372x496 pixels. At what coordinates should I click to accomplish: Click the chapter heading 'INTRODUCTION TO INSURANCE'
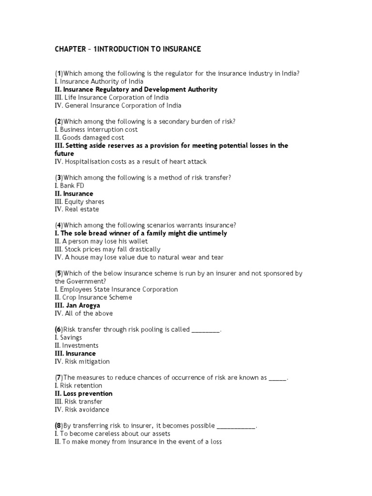click(127, 49)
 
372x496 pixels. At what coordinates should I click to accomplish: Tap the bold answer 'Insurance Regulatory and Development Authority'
click(136, 90)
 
